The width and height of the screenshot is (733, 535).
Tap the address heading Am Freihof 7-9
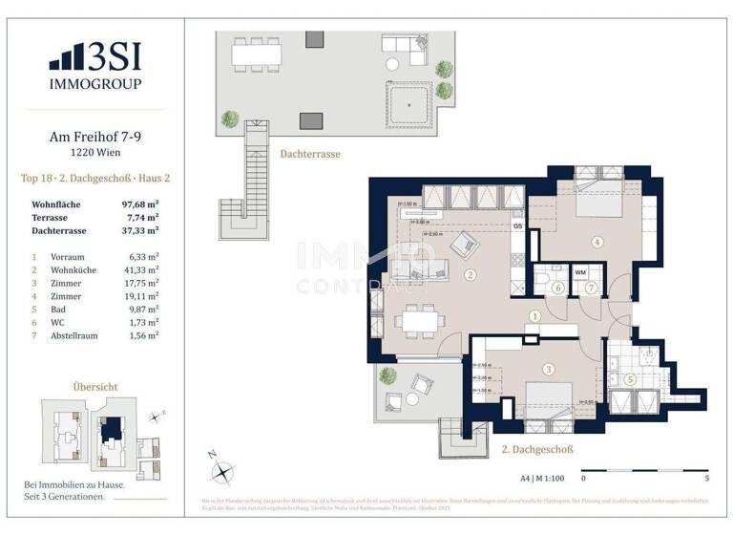click(x=95, y=137)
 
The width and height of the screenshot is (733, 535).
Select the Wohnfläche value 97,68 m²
click(x=138, y=204)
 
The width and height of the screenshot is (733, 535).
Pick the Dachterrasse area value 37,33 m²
click(x=138, y=230)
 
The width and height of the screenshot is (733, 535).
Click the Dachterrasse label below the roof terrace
click(x=309, y=153)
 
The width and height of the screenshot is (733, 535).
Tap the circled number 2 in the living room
click(x=470, y=275)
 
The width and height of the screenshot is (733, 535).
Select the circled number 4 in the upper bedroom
click(x=597, y=242)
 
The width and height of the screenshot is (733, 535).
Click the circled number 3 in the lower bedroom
click(x=548, y=370)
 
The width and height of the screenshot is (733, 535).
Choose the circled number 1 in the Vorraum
click(x=535, y=316)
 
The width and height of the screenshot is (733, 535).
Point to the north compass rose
click(x=223, y=469)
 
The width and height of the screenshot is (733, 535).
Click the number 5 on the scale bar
click(x=705, y=478)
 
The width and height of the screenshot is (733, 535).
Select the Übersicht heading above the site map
click(x=95, y=387)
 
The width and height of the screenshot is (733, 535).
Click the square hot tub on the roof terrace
click(x=408, y=100)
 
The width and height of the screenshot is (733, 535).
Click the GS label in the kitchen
click(x=516, y=226)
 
